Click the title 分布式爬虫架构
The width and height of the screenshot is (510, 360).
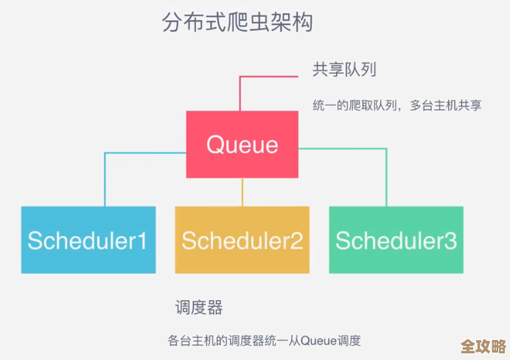tap(237, 22)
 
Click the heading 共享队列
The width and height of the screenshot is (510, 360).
tap(344, 70)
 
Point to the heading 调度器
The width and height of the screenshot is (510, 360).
tap(199, 307)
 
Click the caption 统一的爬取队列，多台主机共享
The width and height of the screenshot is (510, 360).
tap(397, 105)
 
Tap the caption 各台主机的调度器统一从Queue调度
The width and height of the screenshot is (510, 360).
tap(264, 341)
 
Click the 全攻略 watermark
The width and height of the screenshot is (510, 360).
tap(482, 347)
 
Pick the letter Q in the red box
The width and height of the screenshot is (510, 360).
tap(215, 144)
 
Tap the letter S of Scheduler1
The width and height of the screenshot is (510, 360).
tap(35, 240)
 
